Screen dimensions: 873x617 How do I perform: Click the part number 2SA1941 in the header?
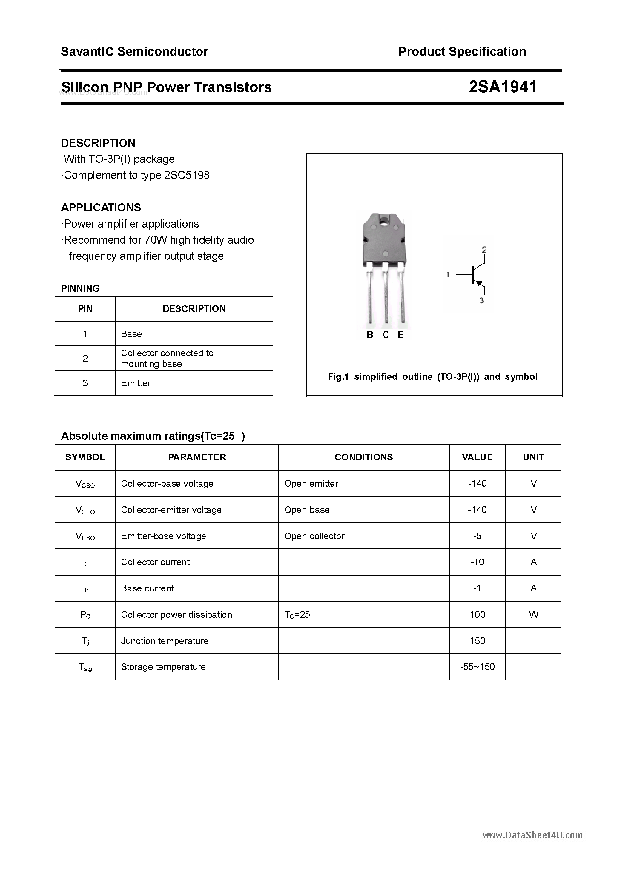(x=503, y=87)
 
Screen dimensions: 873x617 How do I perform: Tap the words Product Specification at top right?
(x=462, y=52)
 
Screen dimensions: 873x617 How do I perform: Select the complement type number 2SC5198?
(x=187, y=175)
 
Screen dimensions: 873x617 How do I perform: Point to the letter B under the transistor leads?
(x=370, y=335)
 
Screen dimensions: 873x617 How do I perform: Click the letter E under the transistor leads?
(x=400, y=335)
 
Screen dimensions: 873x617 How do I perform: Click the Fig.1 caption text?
(x=432, y=377)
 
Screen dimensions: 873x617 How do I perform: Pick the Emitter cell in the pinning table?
(x=136, y=383)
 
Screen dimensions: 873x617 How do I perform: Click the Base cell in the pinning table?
(x=131, y=334)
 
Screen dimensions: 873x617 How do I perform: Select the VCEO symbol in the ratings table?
(x=85, y=511)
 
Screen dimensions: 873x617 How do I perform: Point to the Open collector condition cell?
(x=314, y=536)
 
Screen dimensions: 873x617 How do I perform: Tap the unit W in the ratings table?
(x=533, y=615)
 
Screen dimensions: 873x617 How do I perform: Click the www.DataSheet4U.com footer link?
(x=532, y=835)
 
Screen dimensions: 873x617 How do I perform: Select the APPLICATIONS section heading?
(x=101, y=208)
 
